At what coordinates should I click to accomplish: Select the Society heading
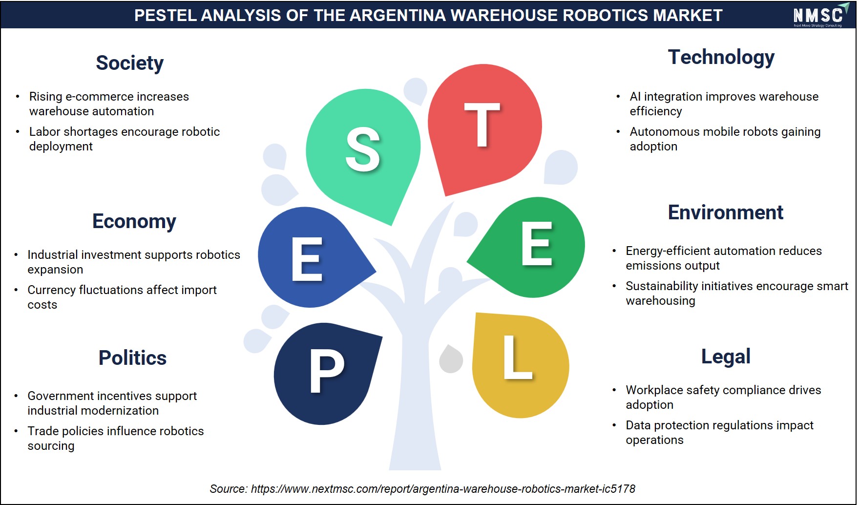coord(129,63)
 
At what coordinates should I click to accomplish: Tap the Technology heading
coord(721,58)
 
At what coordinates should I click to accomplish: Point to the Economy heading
coord(134,222)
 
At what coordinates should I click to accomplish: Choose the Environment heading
coord(726,212)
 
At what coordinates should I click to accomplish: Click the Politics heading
coord(133,358)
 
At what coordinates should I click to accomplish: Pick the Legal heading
coord(726,357)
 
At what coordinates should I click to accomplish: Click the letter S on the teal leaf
coord(363,150)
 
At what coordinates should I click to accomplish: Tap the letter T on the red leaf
coord(482,125)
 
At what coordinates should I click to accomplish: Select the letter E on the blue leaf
coord(307,259)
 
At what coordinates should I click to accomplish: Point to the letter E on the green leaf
coord(537,244)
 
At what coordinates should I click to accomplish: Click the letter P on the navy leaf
coord(327,372)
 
